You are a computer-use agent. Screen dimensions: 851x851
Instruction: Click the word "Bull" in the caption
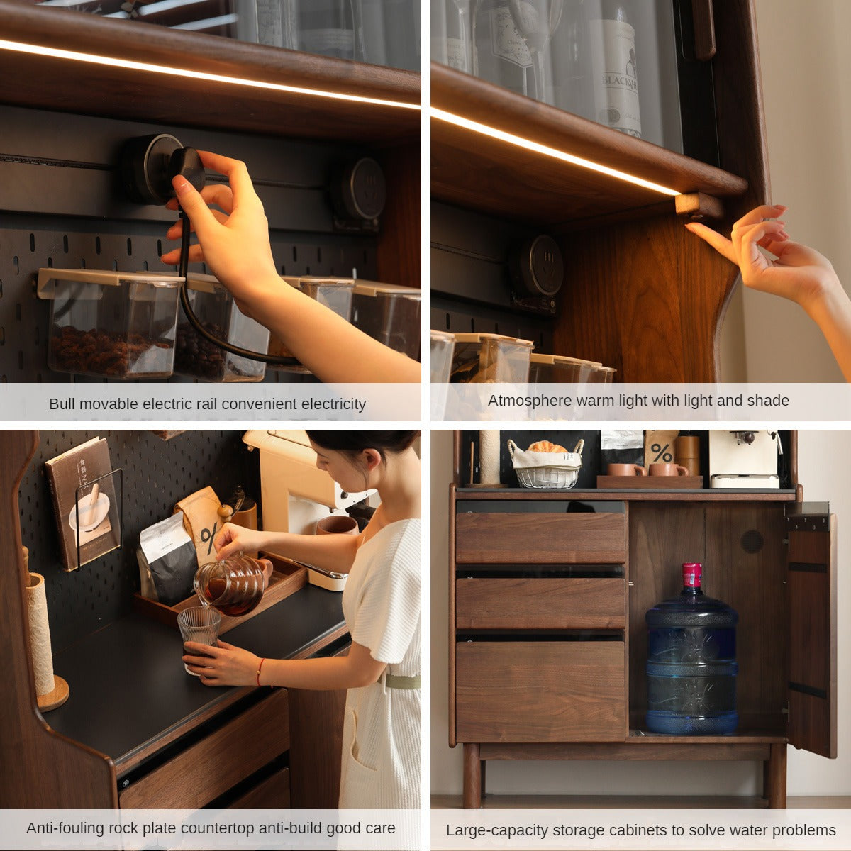pyautogui.click(x=62, y=404)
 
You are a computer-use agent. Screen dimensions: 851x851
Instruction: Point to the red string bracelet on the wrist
pyautogui.click(x=260, y=672)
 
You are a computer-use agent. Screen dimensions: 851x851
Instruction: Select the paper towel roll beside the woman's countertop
pyautogui.click(x=40, y=636)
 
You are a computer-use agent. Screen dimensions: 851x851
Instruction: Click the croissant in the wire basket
pyautogui.click(x=547, y=447)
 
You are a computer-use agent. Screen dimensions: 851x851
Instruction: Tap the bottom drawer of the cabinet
pyautogui.click(x=540, y=692)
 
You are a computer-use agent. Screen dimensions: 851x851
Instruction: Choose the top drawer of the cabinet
pyautogui.click(x=540, y=538)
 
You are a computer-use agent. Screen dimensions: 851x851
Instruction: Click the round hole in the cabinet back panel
pyautogui.click(x=752, y=541)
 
